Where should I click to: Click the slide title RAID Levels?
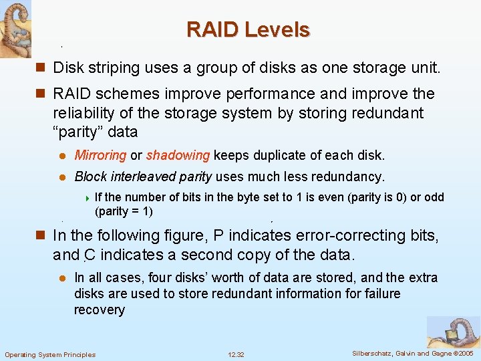(x=248, y=30)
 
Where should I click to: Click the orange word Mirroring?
(x=100, y=155)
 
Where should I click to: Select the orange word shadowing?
(x=178, y=155)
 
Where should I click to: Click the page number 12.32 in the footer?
(x=236, y=354)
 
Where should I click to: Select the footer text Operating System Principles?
(x=50, y=354)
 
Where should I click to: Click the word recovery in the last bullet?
(x=100, y=310)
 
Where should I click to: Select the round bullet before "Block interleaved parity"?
(x=60, y=177)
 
